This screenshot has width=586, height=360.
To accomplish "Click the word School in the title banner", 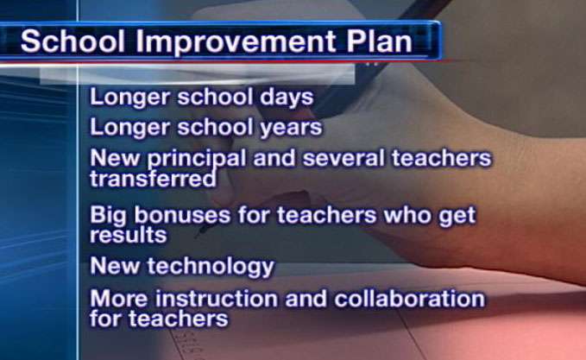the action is (x=72, y=41).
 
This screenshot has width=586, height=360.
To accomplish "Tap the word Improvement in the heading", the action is (x=235, y=41).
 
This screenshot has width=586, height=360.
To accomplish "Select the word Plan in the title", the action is (x=379, y=41).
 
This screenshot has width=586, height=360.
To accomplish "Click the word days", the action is (x=287, y=98).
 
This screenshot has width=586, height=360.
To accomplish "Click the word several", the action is (x=343, y=158).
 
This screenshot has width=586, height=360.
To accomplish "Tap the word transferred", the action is (x=154, y=179).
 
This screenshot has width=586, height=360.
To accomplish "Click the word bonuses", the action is (x=182, y=215).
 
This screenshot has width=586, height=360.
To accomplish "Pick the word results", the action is (x=129, y=235).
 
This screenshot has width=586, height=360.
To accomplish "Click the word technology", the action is (x=211, y=268).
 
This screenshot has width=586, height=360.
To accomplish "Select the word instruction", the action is (x=217, y=299).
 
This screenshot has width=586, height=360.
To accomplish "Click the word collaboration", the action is (x=410, y=299).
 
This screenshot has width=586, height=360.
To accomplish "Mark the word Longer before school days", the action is (x=130, y=98).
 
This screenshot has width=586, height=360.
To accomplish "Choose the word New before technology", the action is (x=115, y=266).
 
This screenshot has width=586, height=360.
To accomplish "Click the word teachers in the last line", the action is (x=179, y=319).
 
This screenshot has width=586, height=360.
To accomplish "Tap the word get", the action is (x=457, y=217).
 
